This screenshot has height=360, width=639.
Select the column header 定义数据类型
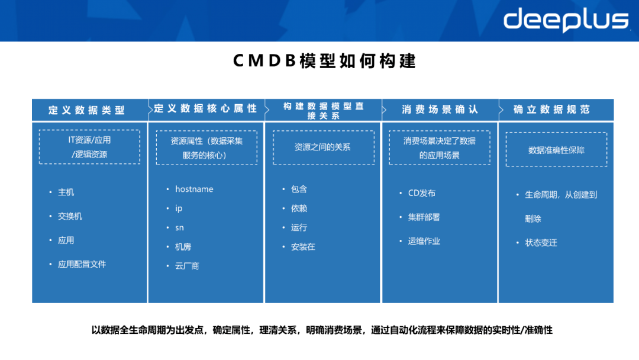(87, 110)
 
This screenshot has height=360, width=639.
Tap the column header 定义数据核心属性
(205, 109)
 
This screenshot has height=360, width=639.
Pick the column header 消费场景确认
(440, 110)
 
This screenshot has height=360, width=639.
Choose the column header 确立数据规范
(551, 110)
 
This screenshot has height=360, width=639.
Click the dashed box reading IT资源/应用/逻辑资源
(89, 147)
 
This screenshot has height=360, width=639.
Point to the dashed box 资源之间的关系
(322, 147)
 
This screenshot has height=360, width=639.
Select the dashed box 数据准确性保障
(556, 150)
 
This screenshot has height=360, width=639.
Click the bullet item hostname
(194, 189)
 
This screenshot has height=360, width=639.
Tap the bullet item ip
(179, 208)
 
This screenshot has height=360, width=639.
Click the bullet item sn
(179, 227)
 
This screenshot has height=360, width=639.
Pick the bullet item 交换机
(70, 216)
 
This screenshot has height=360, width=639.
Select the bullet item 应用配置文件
(82, 264)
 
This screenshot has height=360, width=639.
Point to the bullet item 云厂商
(187, 266)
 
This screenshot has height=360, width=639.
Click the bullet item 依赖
(299, 208)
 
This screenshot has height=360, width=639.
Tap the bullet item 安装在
(303, 246)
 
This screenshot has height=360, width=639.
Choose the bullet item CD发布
(421, 193)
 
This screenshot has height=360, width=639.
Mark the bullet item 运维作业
(424, 241)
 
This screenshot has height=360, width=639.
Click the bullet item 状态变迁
(541, 243)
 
